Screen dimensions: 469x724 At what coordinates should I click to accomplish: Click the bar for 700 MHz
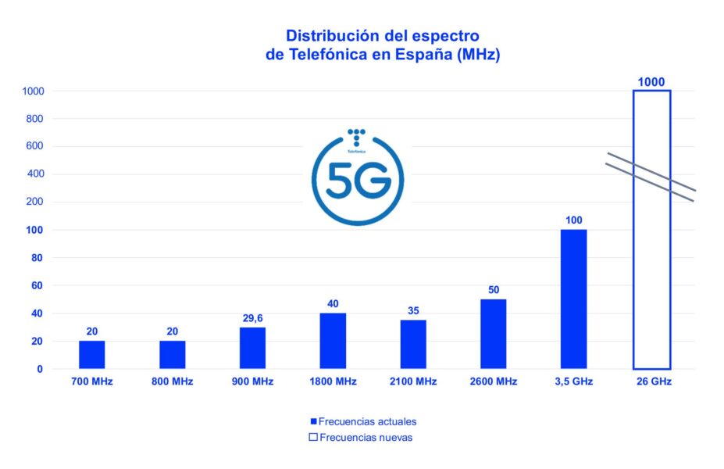(91, 355)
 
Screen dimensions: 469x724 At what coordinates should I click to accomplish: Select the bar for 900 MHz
(252, 348)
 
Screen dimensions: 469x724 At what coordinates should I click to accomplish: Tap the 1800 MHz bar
(333, 341)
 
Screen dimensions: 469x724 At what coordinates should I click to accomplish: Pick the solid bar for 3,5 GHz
(573, 299)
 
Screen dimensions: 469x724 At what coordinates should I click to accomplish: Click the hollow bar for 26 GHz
(651, 230)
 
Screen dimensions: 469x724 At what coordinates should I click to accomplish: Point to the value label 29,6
(252, 318)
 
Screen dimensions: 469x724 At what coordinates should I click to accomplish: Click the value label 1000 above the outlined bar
(651, 81)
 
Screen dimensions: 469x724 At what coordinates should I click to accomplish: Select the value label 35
(413, 311)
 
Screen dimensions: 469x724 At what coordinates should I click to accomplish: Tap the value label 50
(494, 290)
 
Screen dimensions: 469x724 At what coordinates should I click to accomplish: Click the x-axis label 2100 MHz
(413, 381)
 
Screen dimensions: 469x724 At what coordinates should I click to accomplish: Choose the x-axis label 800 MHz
(172, 381)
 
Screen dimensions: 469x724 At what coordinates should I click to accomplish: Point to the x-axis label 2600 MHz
(494, 381)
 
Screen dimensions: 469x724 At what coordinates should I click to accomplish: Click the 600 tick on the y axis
(34, 146)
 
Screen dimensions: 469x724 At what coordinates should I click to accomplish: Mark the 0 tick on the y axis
(40, 369)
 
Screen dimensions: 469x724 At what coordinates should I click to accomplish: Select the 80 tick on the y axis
(37, 258)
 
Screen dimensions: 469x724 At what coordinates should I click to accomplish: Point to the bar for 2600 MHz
(494, 334)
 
